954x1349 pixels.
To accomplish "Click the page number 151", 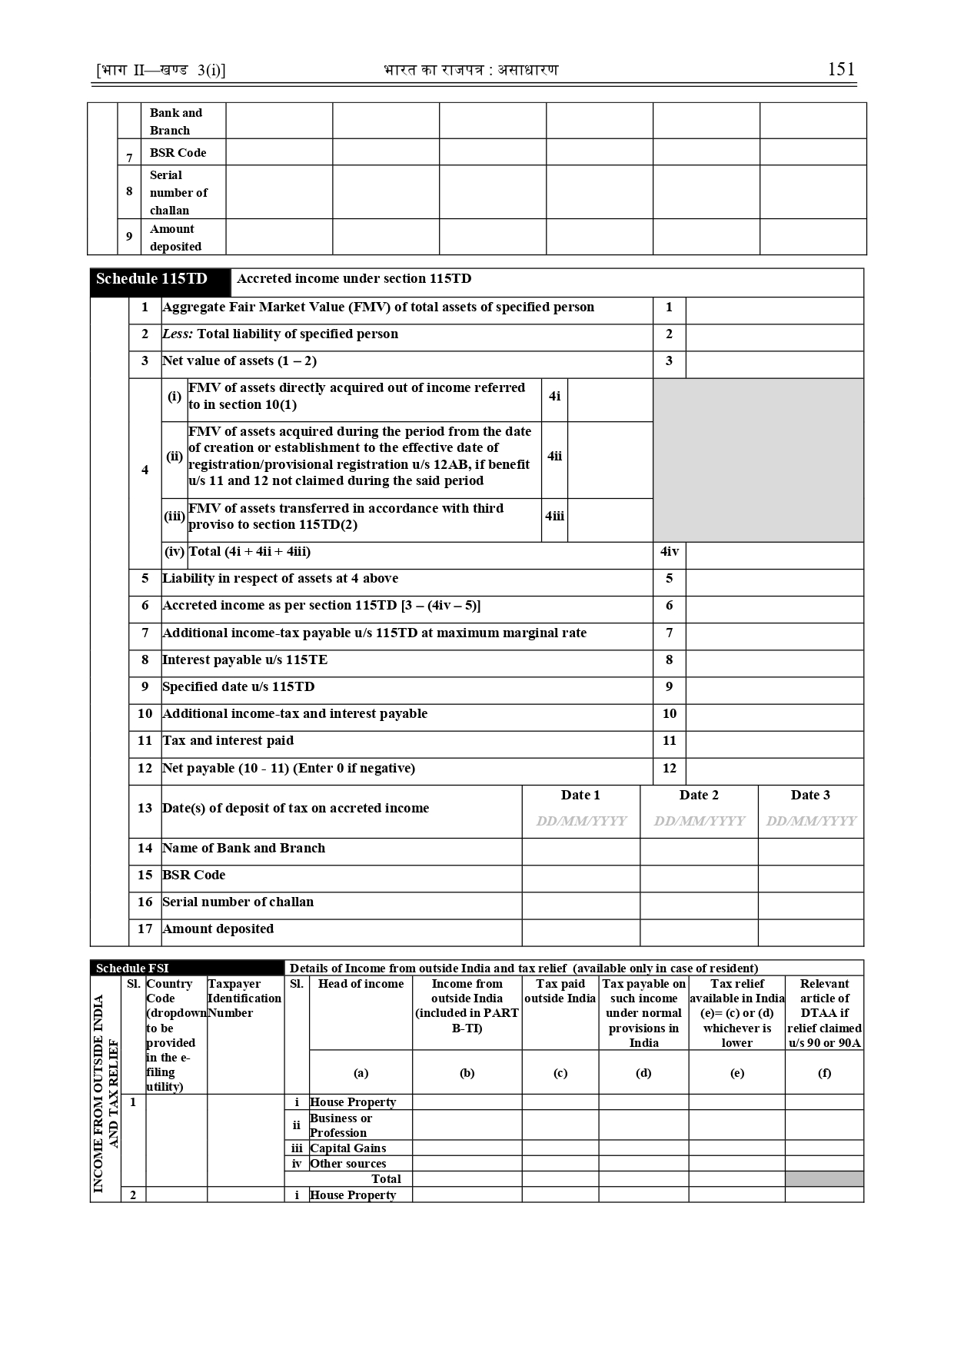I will coord(841,69).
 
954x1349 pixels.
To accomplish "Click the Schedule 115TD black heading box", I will coord(160,281).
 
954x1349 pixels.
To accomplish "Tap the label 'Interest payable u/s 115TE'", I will coord(244,660).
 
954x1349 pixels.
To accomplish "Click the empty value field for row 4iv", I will coord(773,555).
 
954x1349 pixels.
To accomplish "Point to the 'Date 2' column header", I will coord(699,795).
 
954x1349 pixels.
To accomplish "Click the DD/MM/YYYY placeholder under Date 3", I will coord(810,821).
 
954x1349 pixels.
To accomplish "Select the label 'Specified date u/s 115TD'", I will coord(238,686).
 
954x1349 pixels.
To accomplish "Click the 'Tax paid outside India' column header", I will coord(560,991).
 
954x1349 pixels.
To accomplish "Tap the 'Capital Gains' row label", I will coord(347,1148).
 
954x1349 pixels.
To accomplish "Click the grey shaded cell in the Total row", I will coord(824,1178).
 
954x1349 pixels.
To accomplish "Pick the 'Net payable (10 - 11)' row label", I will coord(288,768).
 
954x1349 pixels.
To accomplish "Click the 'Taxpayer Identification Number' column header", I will coord(244,998).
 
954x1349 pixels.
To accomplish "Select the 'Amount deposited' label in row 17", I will coord(218,929).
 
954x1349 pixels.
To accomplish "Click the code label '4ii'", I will coord(554,457).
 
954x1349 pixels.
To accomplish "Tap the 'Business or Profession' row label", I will coord(341,1125).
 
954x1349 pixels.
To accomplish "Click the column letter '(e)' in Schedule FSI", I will coord(736,1072).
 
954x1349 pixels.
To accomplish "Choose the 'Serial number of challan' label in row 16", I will coord(238,902).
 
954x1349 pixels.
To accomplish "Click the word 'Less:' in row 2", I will coord(178,334).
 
